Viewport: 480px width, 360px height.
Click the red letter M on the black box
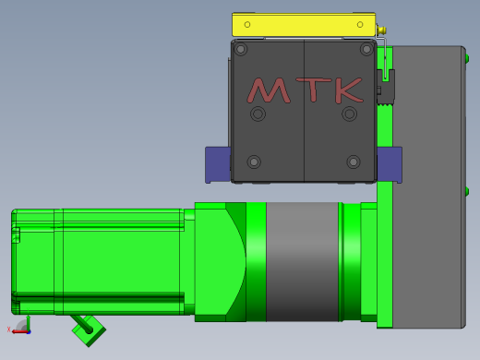(x=269, y=91)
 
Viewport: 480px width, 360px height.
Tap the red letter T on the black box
(x=314, y=90)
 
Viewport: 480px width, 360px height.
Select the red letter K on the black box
(x=349, y=90)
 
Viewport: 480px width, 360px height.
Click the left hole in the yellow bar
(x=247, y=24)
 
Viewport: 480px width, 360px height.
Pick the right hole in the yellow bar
(x=360, y=24)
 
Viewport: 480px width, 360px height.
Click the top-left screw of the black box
(x=241, y=49)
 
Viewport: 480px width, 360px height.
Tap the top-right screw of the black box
(x=366, y=49)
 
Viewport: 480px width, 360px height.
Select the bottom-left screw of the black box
(x=254, y=162)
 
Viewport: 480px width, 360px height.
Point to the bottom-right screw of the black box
(x=354, y=162)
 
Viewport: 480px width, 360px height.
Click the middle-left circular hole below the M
(x=258, y=114)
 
